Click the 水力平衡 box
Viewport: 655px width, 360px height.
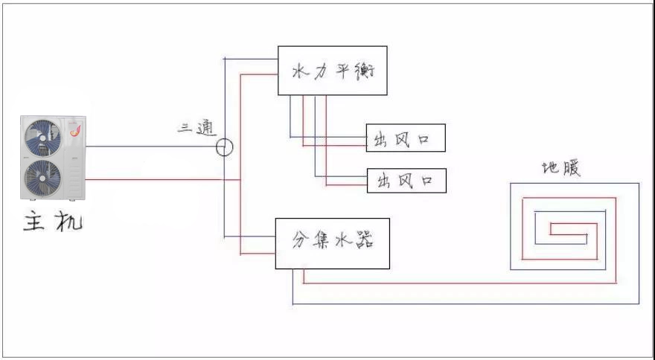(332, 71)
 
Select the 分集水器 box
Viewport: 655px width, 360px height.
(332, 243)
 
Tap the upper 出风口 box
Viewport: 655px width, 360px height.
(406, 138)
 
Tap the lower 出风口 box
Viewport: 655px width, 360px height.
(406, 180)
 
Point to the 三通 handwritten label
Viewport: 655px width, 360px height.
(196, 128)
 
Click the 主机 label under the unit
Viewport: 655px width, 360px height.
(52, 221)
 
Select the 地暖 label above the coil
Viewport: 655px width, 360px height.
(560, 168)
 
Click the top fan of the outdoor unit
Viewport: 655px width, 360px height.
(43, 138)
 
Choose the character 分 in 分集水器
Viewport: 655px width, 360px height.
(300, 242)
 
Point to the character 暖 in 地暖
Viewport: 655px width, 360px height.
(571, 168)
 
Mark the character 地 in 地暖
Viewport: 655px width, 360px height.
(550, 169)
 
